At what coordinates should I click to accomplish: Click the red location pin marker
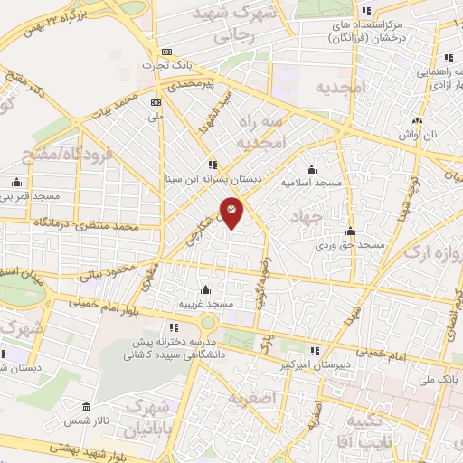pyautogui.click(x=231, y=212)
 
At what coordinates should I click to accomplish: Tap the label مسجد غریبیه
pyautogui.click(x=206, y=305)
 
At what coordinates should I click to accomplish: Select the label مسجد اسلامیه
pyautogui.click(x=311, y=182)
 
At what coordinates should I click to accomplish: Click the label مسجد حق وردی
pyautogui.click(x=350, y=244)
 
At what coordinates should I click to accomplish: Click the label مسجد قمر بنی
pyautogui.click(x=30, y=195)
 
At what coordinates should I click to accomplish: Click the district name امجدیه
pyautogui.click(x=338, y=88)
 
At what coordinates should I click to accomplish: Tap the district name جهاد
pyautogui.click(x=304, y=217)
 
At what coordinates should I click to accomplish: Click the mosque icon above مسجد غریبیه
pyautogui.click(x=206, y=290)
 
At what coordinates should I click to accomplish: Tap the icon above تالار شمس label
pyautogui.click(x=86, y=407)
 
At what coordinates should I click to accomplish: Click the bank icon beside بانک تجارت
pyautogui.click(x=165, y=52)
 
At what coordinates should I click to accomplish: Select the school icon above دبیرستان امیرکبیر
pyautogui.click(x=315, y=351)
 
